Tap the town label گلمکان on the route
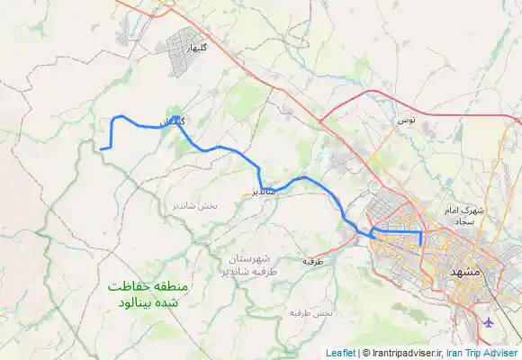[x=171, y=121]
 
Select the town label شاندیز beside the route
[x=258, y=192]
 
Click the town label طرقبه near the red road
[x=312, y=261]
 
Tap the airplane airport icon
[x=489, y=321]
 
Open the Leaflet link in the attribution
[x=340, y=353]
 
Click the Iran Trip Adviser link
[x=481, y=353]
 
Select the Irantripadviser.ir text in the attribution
[x=404, y=353]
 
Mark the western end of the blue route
[x=101, y=148]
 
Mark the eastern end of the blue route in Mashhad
[x=420, y=244]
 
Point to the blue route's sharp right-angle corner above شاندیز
[x=259, y=167]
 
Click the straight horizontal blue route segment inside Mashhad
[x=396, y=232]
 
